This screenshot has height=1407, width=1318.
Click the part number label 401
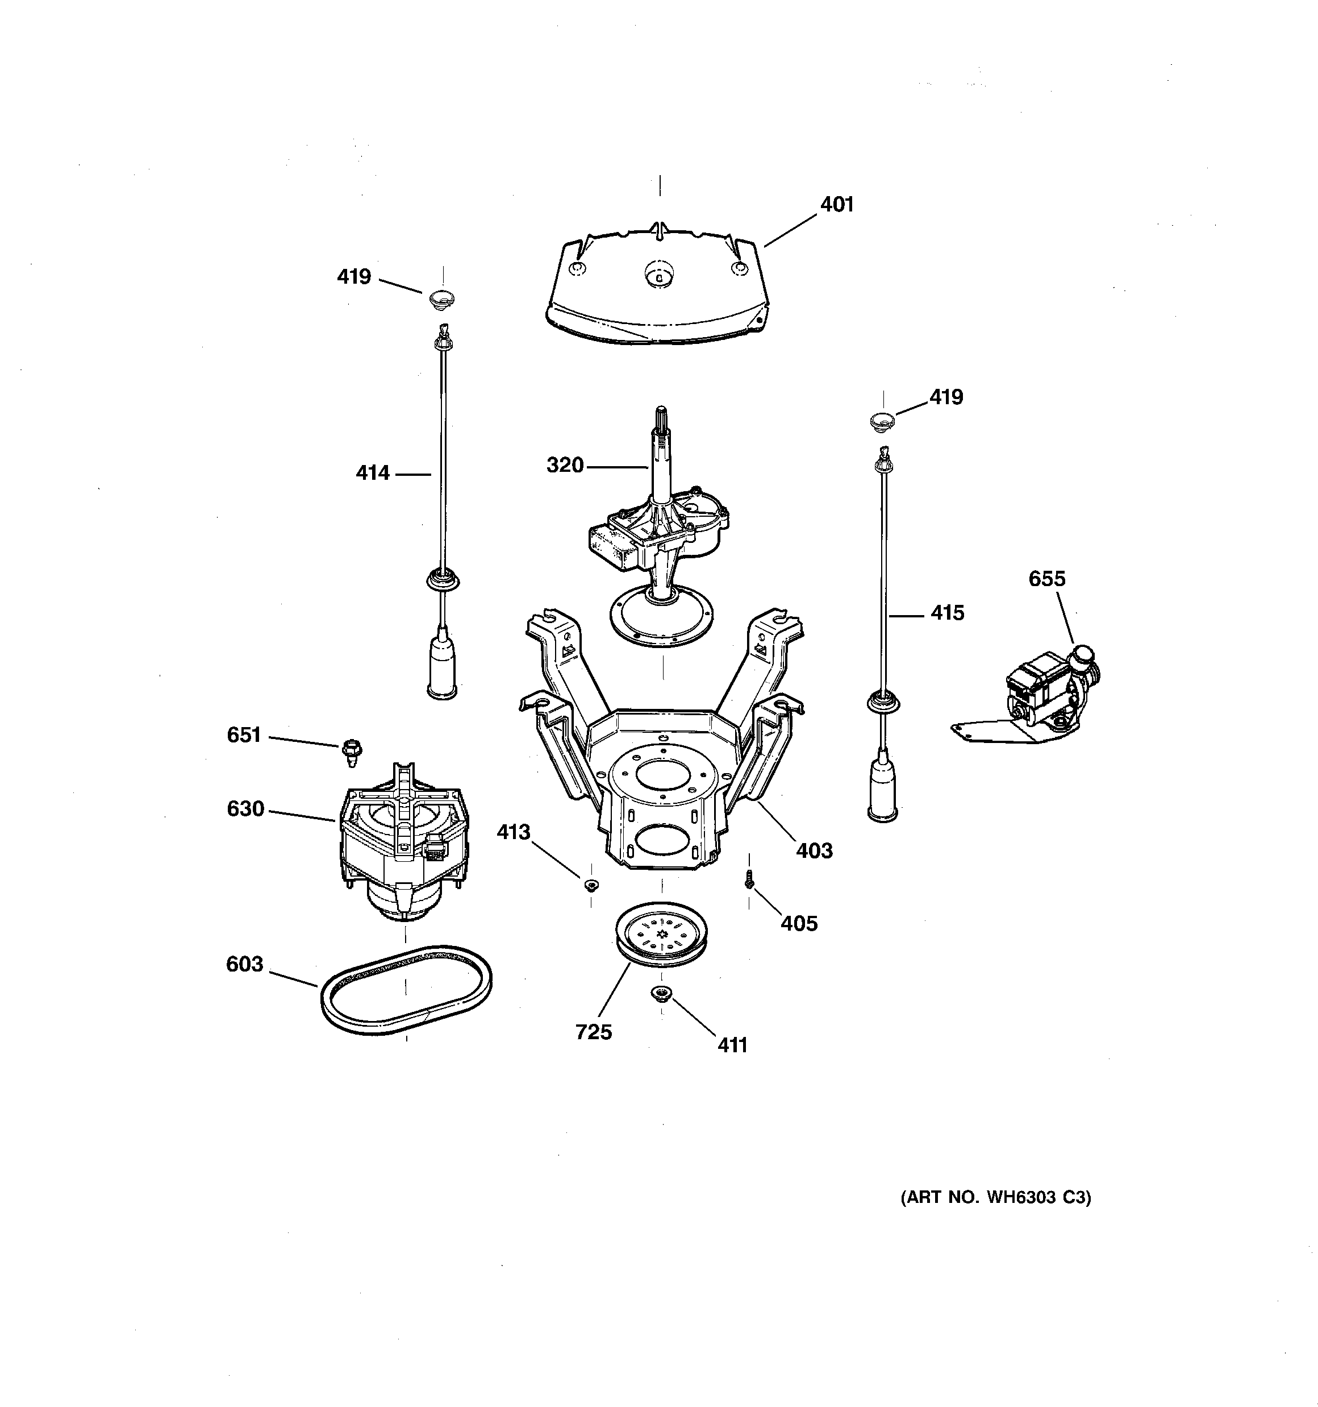coord(837,205)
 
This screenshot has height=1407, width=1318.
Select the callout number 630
coord(245,809)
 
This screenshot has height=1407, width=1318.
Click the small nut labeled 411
coord(661,994)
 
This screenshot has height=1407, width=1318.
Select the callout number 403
coord(814,850)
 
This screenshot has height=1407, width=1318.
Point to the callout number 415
coord(947,613)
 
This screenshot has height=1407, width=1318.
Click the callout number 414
coord(373,473)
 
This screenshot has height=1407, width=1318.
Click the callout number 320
coord(565,466)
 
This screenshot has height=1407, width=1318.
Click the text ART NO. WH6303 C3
coord(995,1197)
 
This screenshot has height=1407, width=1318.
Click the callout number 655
coord(1046,579)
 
